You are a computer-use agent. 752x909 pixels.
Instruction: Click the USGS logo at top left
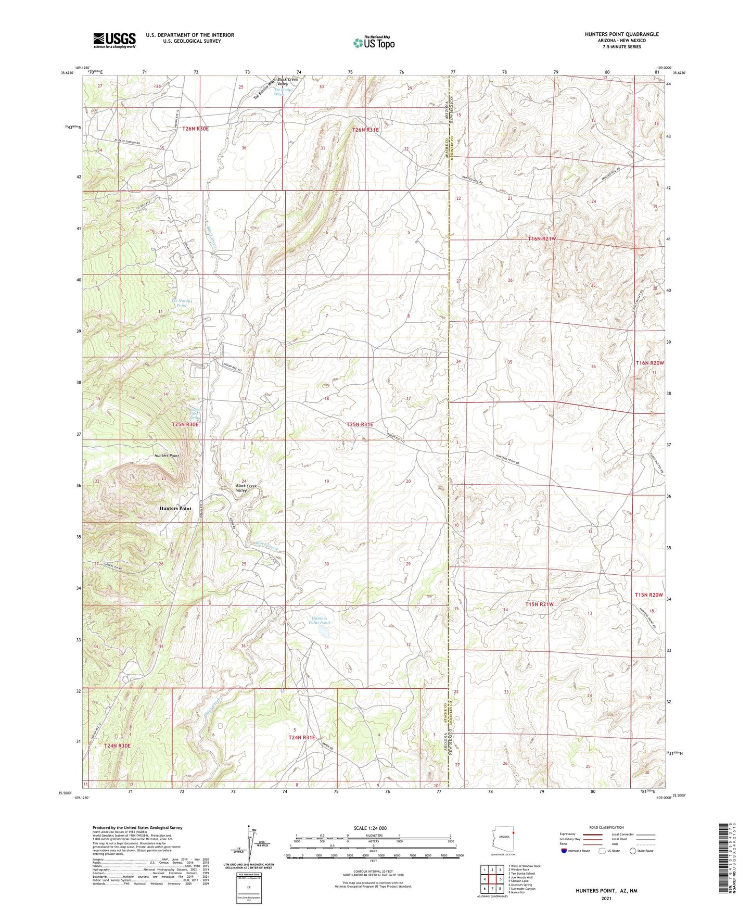(114, 40)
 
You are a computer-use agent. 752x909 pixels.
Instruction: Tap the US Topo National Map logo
(374, 43)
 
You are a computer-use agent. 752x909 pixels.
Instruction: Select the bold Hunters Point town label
(175, 508)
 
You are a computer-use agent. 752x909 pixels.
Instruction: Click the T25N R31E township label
(360, 424)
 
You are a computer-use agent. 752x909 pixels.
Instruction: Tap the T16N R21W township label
(542, 238)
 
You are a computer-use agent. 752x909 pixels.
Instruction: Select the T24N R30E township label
(117, 746)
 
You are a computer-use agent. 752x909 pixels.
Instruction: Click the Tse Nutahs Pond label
(182, 303)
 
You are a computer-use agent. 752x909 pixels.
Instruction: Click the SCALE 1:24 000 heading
(370, 828)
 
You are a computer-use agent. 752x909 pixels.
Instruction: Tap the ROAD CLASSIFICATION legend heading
(606, 827)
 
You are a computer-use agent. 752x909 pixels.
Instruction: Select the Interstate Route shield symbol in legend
(564, 851)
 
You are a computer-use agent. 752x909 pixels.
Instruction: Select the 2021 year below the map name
(606, 899)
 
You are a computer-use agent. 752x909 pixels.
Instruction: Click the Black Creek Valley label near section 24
(247, 488)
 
